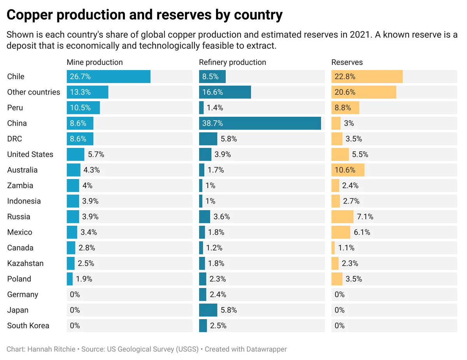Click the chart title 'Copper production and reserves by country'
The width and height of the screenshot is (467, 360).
(144, 15)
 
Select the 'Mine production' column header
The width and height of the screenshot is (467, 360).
(95, 62)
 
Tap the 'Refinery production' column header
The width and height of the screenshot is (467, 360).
(232, 62)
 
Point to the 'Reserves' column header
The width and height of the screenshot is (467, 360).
(347, 62)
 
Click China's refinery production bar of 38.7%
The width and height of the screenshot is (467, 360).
(260, 123)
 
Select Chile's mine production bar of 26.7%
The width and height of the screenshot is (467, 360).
(109, 77)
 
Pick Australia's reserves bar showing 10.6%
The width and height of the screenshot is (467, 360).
(348, 170)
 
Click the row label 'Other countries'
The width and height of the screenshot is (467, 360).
(33, 92)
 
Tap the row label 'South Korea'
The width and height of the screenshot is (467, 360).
(28, 326)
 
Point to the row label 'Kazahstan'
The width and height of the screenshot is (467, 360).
(25, 263)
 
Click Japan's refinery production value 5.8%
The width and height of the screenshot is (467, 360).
(229, 310)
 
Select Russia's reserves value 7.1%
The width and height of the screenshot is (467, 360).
(365, 217)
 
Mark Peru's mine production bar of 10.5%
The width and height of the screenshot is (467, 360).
(83, 108)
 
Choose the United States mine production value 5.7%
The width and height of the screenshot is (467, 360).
(96, 155)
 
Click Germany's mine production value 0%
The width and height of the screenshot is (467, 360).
(75, 295)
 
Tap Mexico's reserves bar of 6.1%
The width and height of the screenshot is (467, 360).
(341, 232)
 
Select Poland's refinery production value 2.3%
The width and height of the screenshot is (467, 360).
(218, 279)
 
